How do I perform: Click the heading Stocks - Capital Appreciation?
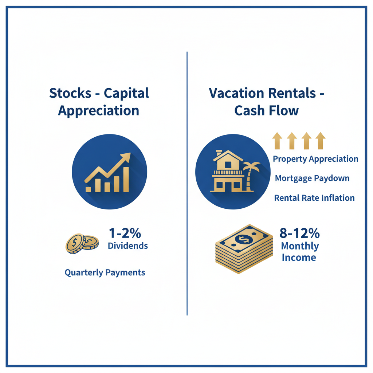click(x=99, y=102)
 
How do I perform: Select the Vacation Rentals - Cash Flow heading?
click(x=267, y=102)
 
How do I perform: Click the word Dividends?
click(x=128, y=246)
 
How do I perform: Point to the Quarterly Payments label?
click(x=105, y=272)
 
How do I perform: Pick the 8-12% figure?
click(x=299, y=233)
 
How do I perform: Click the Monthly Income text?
click(x=300, y=252)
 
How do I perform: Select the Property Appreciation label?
click(x=315, y=159)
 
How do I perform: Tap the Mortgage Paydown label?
click(x=312, y=178)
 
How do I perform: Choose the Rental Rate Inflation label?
click(x=314, y=198)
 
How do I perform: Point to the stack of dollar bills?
click(x=244, y=248)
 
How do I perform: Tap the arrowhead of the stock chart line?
click(x=126, y=157)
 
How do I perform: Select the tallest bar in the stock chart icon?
click(x=126, y=179)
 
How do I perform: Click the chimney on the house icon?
click(x=219, y=153)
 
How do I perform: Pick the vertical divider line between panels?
click(x=187, y=182)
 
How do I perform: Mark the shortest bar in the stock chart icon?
click(x=89, y=189)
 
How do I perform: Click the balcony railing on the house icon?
click(x=228, y=173)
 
